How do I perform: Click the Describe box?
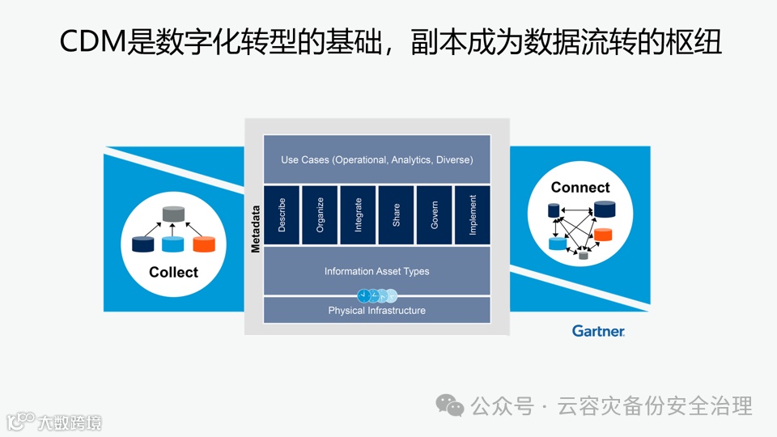click(282, 214)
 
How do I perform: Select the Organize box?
click(320, 214)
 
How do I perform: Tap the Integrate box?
click(358, 214)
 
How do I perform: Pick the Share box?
click(396, 214)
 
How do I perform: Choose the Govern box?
click(435, 214)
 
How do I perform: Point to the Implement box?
click(473, 214)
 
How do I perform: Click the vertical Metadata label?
click(255, 228)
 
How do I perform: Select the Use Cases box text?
click(376, 159)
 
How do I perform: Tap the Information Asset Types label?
click(376, 271)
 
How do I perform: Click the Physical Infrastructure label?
click(376, 310)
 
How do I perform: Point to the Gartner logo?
click(598, 331)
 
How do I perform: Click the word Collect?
click(173, 272)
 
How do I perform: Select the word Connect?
click(580, 188)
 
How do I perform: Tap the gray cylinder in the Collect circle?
click(172, 214)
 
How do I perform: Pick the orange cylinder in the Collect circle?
click(204, 244)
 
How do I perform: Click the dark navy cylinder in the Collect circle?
click(143, 244)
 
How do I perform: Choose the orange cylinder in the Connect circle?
click(602, 235)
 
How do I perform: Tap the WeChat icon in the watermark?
click(450, 405)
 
